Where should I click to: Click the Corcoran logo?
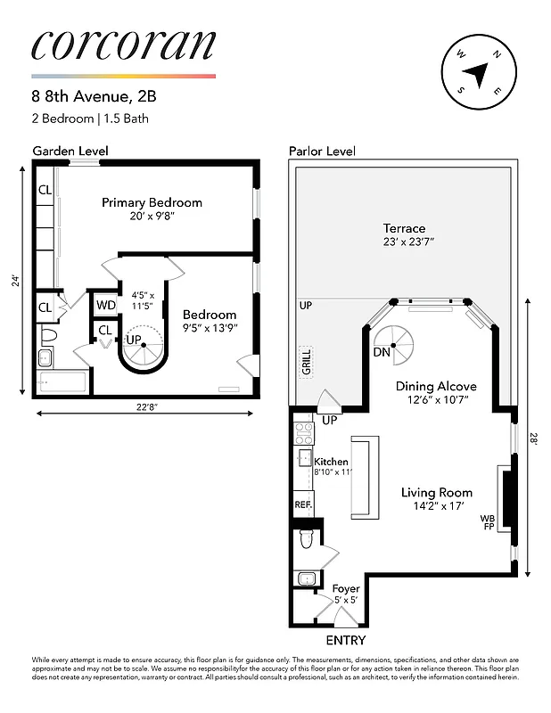pos(123,45)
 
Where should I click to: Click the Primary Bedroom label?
pos(152,202)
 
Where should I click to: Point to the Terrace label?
pos(404,228)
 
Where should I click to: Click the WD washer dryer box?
pos(106,305)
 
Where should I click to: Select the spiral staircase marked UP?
pos(142,349)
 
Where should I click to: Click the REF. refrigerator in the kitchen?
pos(301,504)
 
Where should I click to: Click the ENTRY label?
pos(345,640)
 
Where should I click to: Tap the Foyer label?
pos(345,589)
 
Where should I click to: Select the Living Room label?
pos(436,492)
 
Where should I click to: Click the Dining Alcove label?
pos(436,386)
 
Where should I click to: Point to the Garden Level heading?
pos(66,151)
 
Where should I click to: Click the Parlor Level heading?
pos(321,151)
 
